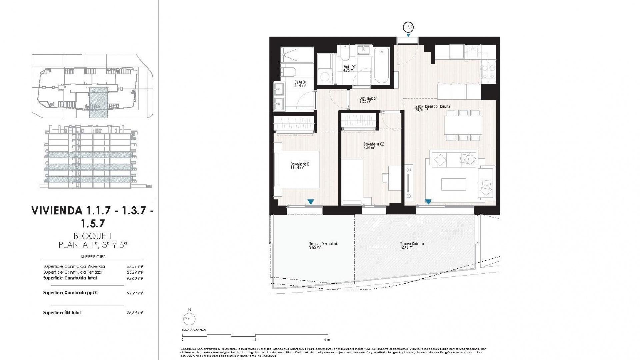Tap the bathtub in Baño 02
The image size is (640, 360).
pos(382,66)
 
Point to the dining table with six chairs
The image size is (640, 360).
pos(463,125)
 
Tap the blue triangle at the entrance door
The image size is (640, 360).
pos(408,35)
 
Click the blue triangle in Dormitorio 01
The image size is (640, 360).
pos(311,202)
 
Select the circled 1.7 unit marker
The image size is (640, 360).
pos(408,27)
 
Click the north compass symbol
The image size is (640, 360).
pos(189,319)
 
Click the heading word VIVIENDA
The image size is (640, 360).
pos(57,211)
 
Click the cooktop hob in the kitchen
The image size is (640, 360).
pos(488,72)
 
